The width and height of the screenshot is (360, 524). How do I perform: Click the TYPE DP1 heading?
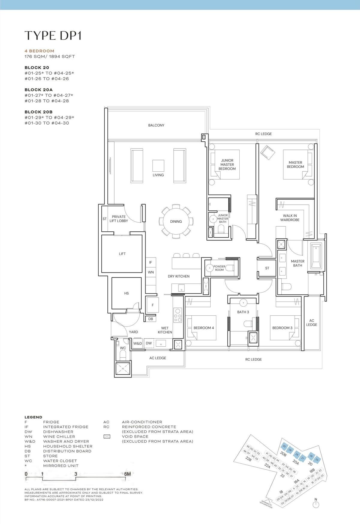53,35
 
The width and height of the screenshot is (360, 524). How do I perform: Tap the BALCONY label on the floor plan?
156,125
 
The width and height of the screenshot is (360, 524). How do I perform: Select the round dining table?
176,221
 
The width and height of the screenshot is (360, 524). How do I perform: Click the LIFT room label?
122,254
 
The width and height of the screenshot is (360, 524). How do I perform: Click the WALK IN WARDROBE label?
290,218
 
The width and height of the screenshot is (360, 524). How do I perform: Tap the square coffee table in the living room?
158,166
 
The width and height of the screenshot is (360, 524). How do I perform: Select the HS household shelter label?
126,293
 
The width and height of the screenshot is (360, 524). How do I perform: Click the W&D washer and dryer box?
137,343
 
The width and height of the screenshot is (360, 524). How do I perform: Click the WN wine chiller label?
151,272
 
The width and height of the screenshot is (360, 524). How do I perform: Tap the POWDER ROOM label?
219,268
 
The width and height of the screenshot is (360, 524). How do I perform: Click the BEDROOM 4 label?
204,328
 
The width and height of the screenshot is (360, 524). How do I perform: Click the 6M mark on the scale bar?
127,474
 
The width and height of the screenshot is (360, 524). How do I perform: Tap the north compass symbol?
315,504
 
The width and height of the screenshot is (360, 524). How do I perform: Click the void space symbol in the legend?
107,437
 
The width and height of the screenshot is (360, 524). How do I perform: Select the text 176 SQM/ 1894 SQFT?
49,56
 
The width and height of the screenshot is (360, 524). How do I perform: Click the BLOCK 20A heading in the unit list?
38,90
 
